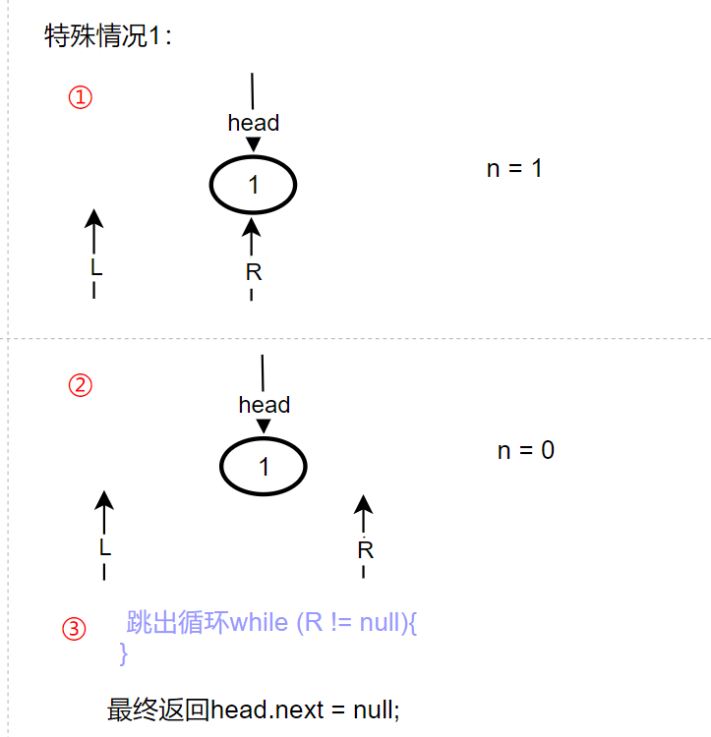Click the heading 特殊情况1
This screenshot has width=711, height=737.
click(x=108, y=37)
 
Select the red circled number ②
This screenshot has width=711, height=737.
click(x=80, y=385)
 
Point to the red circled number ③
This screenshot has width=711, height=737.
click(x=74, y=629)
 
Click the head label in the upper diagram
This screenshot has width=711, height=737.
click(x=254, y=123)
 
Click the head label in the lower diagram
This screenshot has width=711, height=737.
click(x=264, y=405)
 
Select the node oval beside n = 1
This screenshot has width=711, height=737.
click(x=254, y=185)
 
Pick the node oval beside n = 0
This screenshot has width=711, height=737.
click(x=264, y=467)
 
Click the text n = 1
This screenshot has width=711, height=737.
click(x=514, y=168)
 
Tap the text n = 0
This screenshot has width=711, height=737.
click(x=525, y=451)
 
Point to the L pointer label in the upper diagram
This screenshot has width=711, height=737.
click(x=95, y=267)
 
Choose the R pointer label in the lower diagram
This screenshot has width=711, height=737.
click(x=365, y=550)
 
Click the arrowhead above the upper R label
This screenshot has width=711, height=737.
click(x=252, y=226)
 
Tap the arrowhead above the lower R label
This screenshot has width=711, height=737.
click(x=364, y=504)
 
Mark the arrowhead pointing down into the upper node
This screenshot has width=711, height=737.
click(x=254, y=145)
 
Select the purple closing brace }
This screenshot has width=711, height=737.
click(x=123, y=652)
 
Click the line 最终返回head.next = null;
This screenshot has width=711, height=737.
click(x=253, y=709)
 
